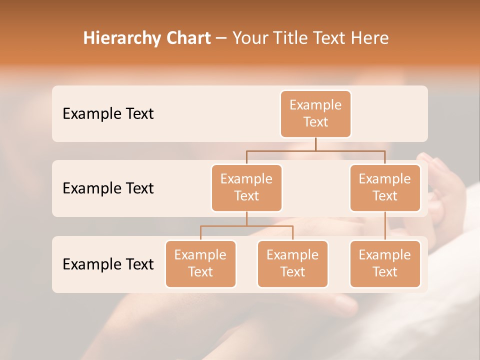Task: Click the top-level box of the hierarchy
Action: point(315,114)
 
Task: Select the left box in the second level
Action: point(246,188)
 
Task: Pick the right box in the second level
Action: point(385,188)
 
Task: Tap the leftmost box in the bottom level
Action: point(200,264)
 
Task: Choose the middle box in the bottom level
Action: point(292,264)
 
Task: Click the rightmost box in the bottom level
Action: point(385,264)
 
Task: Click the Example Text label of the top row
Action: point(108,114)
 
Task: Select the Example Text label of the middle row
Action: point(108,188)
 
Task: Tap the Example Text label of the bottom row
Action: point(108,264)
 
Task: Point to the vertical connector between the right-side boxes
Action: point(385,226)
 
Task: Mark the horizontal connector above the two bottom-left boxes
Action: point(246,226)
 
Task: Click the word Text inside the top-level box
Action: point(315,122)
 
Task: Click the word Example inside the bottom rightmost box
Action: point(385,255)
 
